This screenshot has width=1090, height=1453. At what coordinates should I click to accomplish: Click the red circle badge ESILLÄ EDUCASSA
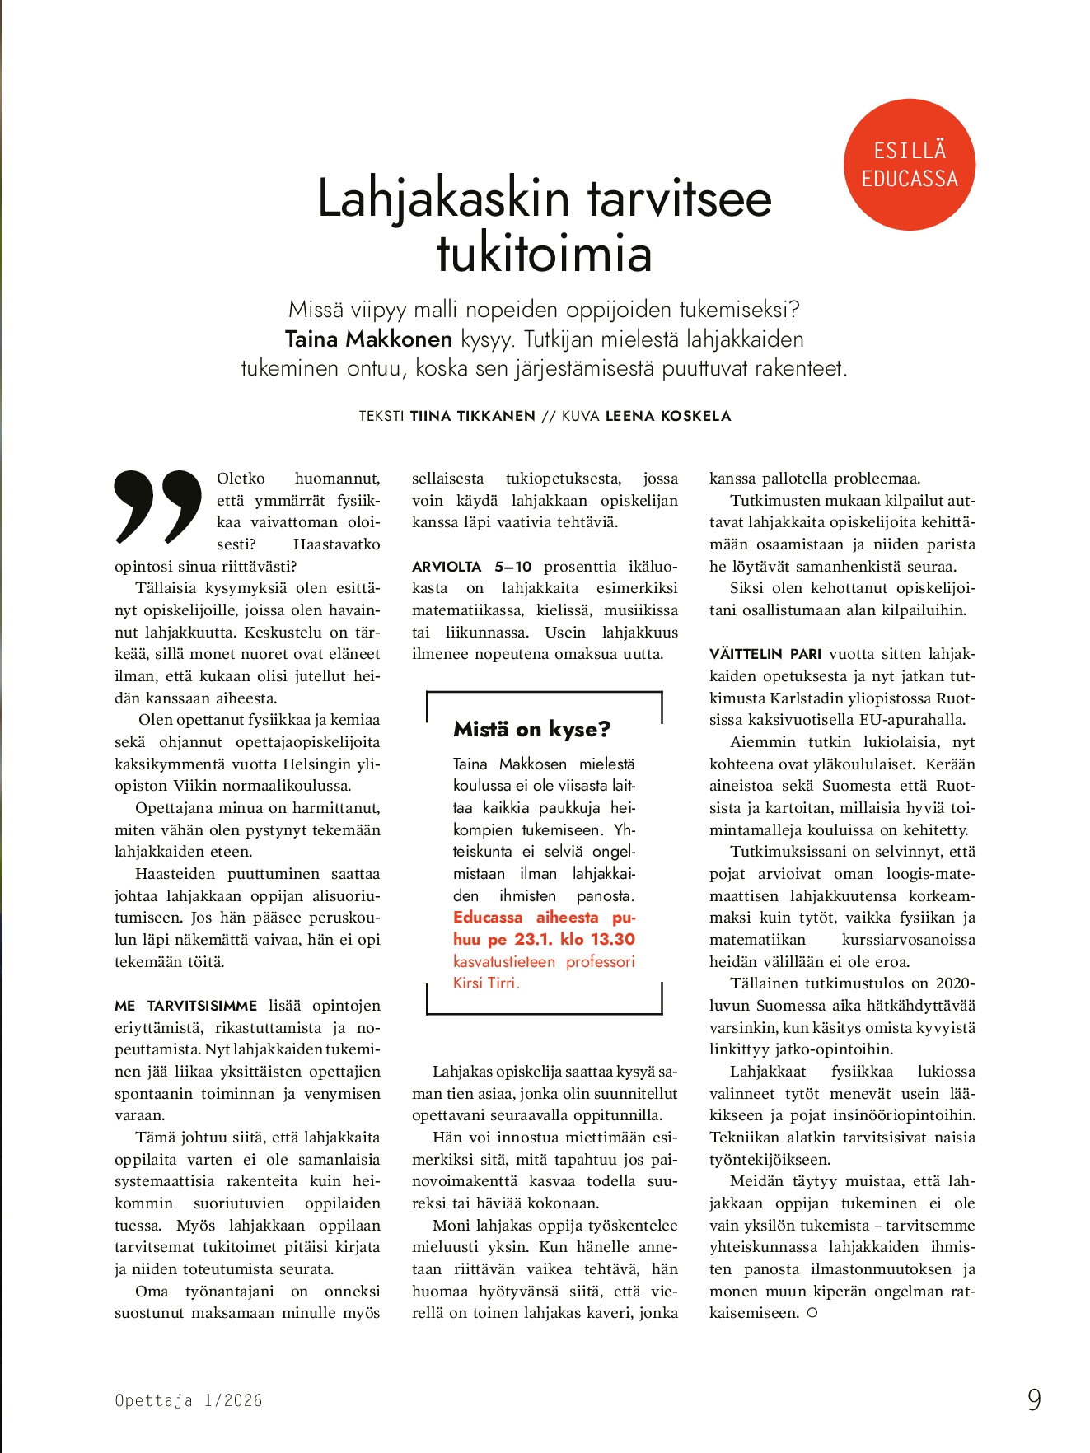pyautogui.click(x=910, y=165)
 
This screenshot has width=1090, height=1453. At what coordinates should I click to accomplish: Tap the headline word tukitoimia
pyautogui.click(x=544, y=253)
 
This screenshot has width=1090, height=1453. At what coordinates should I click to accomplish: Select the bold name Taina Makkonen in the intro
pyautogui.click(x=368, y=339)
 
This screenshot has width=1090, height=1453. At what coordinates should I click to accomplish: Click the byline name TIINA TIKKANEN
pyautogui.click(x=473, y=416)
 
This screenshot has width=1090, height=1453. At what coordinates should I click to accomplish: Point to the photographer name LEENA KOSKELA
pyautogui.click(x=668, y=416)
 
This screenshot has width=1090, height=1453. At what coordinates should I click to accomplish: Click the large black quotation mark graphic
pyautogui.click(x=158, y=507)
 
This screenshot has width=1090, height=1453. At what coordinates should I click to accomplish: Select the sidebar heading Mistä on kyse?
pyautogui.click(x=531, y=729)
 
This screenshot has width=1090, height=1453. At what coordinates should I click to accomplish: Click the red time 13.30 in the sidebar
pyautogui.click(x=613, y=939)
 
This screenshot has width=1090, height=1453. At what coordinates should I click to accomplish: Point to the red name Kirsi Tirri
pyautogui.click(x=485, y=983)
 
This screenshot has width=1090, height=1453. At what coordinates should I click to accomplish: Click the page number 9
pyautogui.click(x=1034, y=1399)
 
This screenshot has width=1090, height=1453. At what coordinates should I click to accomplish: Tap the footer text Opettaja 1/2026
pyautogui.click(x=189, y=1400)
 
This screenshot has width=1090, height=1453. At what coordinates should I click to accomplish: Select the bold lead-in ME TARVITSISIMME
pyautogui.click(x=186, y=1006)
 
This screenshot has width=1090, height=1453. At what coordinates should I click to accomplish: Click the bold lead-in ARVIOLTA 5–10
pyautogui.click(x=472, y=567)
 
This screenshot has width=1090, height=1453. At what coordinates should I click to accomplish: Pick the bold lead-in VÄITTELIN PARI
pyautogui.click(x=765, y=654)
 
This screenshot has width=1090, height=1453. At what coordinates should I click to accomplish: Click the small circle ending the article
pyautogui.click(x=812, y=1313)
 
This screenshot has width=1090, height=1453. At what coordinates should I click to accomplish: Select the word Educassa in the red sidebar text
pyautogui.click(x=488, y=918)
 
